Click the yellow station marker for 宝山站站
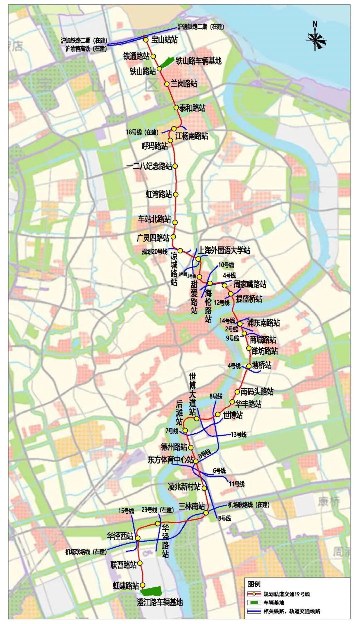pyautogui.click(x=146, y=40)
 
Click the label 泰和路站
pyautogui.click(x=192, y=108)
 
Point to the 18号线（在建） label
pyautogui.click(x=142, y=132)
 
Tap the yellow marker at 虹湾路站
pyautogui.click(x=176, y=194)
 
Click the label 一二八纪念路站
pyautogui.click(x=150, y=166)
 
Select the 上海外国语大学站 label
pyautogui.click(x=224, y=250)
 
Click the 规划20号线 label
pyautogui.click(x=154, y=252)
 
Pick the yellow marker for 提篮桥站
pyautogui.click(x=231, y=294)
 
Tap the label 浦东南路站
pyautogui.click(x=263, y=322)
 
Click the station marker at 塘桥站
pyautogui.click(x=249, y=366)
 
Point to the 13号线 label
pyautogui.click(x=239, y=434)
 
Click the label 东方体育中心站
pyautogui.click(x=170, y=460)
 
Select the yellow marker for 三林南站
pyautogui.click(x=206, y=513)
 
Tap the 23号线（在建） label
pyautogui.click(x=158, y=510)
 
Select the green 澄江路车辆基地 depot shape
pyautogui.click(x=151, y=591)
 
